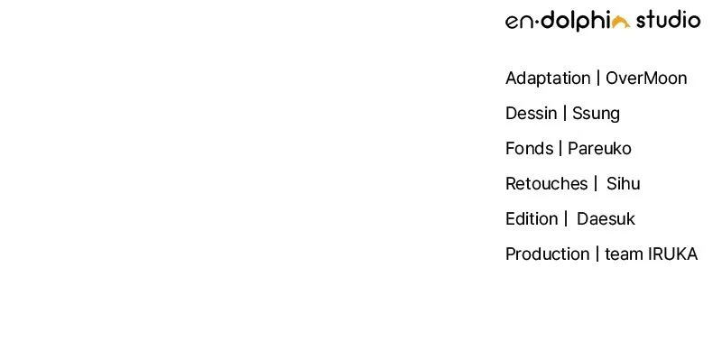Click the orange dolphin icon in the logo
[x=621, y=22]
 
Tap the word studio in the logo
[x=668, y=20]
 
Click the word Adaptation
[x=548, y=78]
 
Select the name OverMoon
[x=646, y=78]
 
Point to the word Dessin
[x=531, y=114]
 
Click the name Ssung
[x=596, y=114]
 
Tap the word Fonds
[x=530, y=148]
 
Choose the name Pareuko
[x=599, y=148]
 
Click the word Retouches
[x=547, y=184]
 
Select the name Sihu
[x=623, y=184]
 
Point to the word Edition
[x=532, y=218]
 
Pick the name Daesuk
[x=606, y=218]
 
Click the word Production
[x=548, y=254]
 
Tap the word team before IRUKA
[x=624, y=254]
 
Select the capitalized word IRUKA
[x=672, y=254]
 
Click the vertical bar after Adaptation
[x=598, y=78]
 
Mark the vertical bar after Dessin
[x=565, y=114]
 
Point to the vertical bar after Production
[x=597, y=254]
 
